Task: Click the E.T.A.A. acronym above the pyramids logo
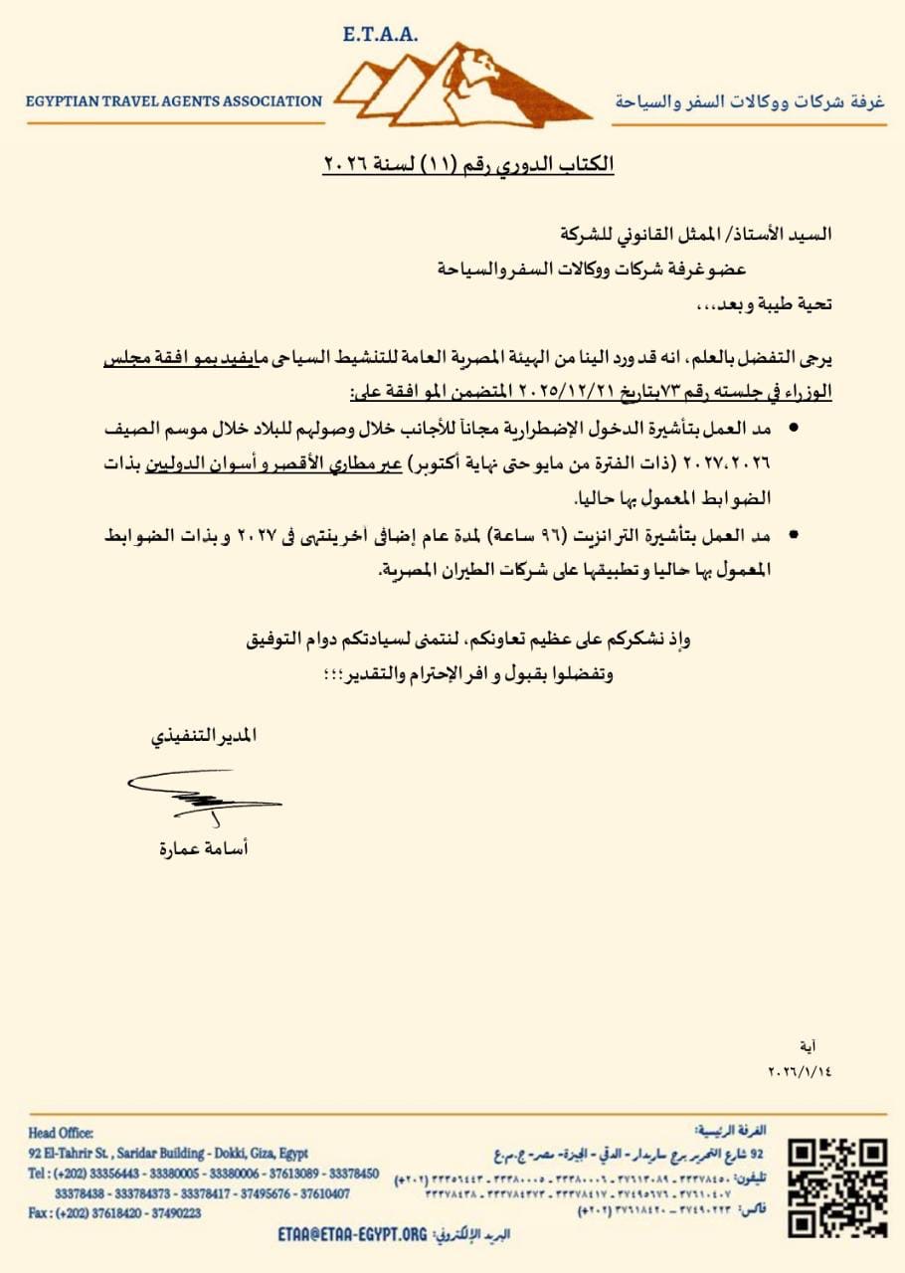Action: (x=380, y=35)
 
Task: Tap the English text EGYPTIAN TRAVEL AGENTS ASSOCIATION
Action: (x=174, y=100)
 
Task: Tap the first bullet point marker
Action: (x=793, y=427)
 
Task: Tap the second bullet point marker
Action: (x=793, y=535)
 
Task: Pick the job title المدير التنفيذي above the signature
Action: (x=204, y=736)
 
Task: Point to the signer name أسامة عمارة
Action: (x=204, y=848)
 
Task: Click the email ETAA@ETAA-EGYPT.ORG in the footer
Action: (x=353, y=1234)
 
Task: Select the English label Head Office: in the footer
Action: (x=62, y=1133)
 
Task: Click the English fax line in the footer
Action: (x=114, y=1213)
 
